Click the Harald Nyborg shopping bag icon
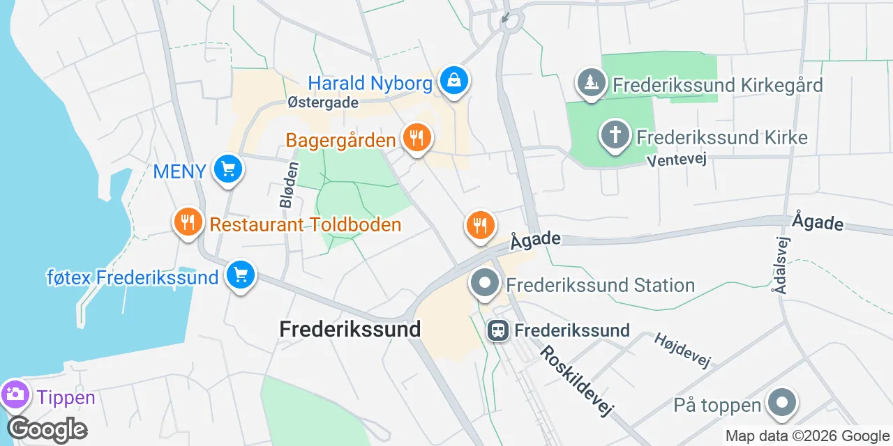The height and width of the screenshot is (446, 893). [454, 82]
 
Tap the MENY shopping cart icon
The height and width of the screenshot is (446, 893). [227, 169]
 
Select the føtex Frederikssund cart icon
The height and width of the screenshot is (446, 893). [241, 275]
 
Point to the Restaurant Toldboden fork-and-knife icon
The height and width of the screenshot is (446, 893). [187, 222]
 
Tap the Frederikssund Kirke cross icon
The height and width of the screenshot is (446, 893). [615, 135]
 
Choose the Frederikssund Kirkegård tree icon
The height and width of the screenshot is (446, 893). [591, 84]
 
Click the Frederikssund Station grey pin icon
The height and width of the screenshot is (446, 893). [485, 284]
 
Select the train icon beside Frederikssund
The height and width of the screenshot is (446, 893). [498, 330]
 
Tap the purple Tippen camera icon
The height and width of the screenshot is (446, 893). [14, 395]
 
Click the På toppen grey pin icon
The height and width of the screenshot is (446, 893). [781, 403]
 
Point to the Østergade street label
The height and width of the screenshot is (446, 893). [323, 102]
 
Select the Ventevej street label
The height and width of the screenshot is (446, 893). [677, 160]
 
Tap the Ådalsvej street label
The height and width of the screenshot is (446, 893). [783, 265]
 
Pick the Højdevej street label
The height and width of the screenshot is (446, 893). [682, 350]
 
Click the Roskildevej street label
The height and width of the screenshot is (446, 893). [576, 381]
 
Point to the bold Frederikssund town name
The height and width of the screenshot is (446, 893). [350, 329]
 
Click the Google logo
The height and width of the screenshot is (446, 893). [47, 429]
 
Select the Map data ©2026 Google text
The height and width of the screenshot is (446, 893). [807, 436]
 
